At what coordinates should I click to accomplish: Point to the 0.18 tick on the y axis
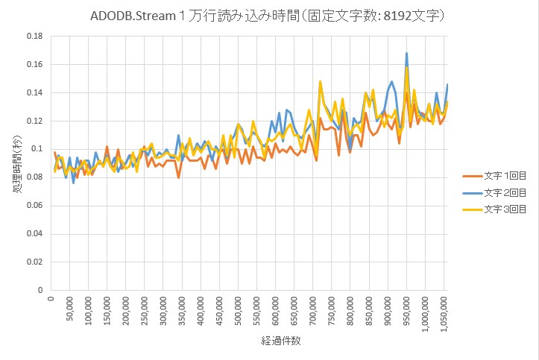tap(34, 36)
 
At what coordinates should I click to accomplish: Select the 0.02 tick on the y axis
tap(34, 262)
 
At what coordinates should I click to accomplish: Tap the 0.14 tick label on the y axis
tap(34, 92)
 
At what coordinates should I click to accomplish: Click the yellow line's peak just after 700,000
tap(321, 81)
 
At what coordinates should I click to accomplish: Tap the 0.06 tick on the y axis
tap(34, 206)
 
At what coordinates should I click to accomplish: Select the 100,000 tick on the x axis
tap(88, 309)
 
